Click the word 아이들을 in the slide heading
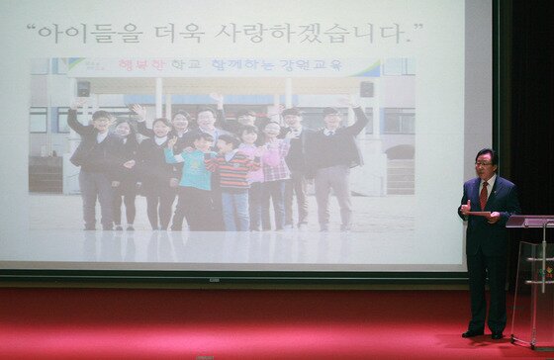[x=99, y=33]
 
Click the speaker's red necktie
[x=484, y=195]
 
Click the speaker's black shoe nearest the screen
[x=472, y=333]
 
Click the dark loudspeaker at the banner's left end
[x=83, y=88]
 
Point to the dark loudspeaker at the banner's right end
[x=367, y=88]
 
